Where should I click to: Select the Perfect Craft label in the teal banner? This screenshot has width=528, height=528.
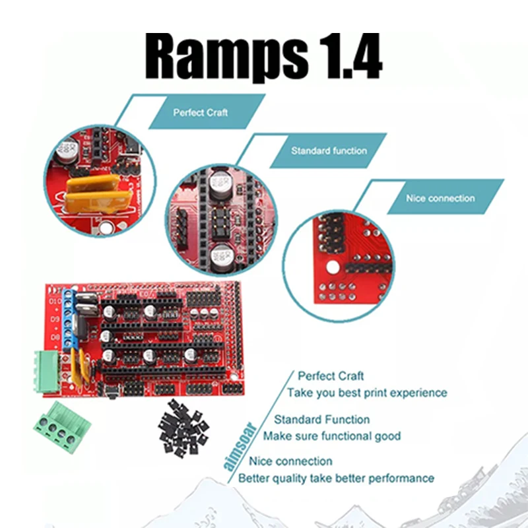click(x=201, y=112)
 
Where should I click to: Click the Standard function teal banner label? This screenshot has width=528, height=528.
click(x=329, y=150)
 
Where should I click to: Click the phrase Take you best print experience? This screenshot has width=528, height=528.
click(x=366, y=393)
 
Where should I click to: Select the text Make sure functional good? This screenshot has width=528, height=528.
click(x=332, y=436)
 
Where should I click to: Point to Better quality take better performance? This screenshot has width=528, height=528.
click(x=336, y=478)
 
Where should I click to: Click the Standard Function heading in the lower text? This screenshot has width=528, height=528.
click(x=322, y=419)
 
